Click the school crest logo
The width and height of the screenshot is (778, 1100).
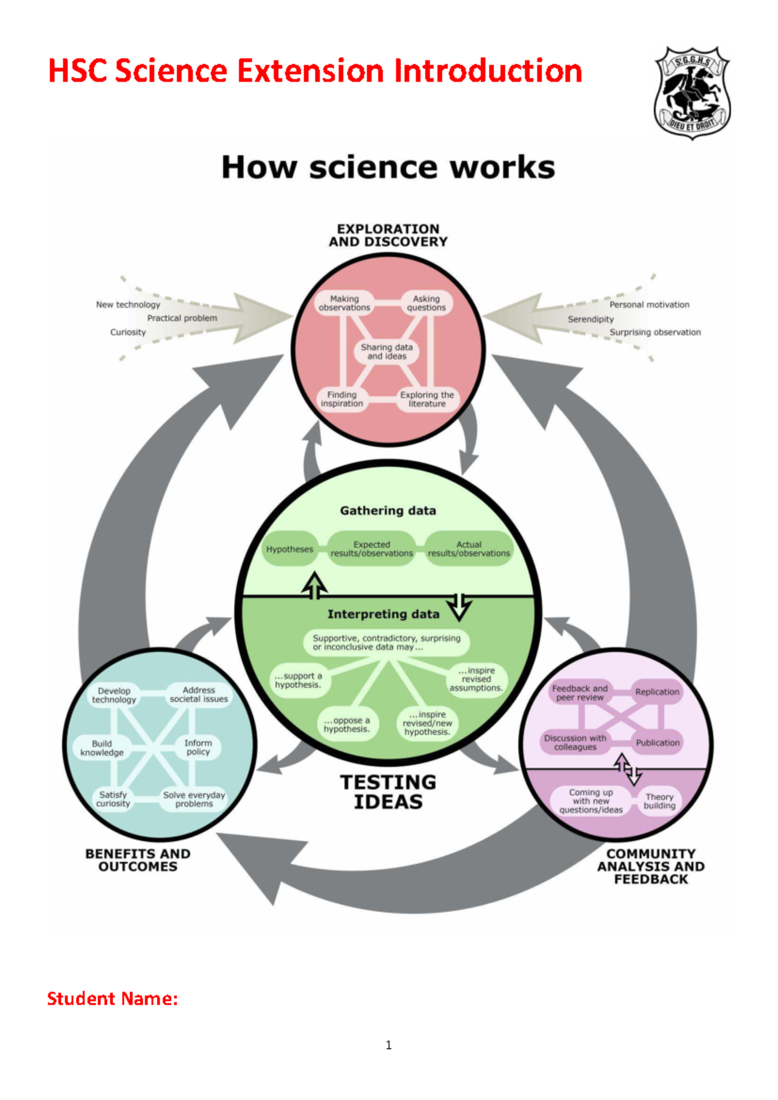692,92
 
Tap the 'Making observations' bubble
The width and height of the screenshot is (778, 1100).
344,304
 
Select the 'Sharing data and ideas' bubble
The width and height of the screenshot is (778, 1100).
387,352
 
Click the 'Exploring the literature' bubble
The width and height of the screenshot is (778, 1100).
427,399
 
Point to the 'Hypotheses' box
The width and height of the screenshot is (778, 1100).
290,549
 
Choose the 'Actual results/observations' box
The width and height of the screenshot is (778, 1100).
469,549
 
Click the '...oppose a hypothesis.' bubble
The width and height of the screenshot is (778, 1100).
347,724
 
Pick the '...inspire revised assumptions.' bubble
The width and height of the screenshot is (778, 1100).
477,679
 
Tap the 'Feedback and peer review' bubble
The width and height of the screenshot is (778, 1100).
580,693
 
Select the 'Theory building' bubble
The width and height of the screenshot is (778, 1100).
659,801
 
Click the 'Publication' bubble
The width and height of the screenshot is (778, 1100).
657,743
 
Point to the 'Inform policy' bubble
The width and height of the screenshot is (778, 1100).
198,747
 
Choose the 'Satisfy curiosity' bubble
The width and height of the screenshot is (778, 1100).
113,799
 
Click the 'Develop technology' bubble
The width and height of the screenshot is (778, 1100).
114,695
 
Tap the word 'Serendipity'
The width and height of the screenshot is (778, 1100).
591,319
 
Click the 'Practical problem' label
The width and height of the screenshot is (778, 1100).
182,318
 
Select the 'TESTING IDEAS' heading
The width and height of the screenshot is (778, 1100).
388,792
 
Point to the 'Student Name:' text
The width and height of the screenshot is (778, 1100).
112,999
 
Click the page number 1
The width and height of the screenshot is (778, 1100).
388,1045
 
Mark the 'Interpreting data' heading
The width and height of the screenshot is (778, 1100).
383,614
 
